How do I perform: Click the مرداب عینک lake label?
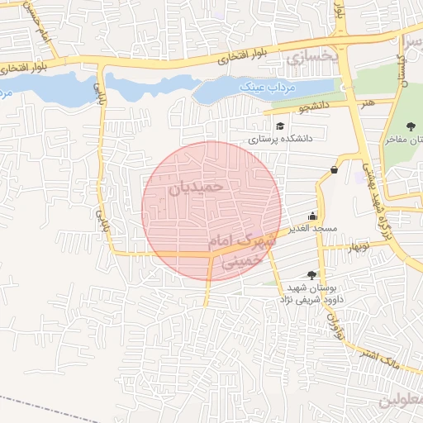pyautogui.click(x=261, y=87)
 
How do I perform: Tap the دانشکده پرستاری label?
pyautogui.click(x=280, y=140)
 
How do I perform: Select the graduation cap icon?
pyautogui.click(x=281, y=126)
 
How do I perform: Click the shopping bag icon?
pyautogui.click(x=334, y=169)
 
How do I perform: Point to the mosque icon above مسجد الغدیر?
pyautogui.click(x=312, y=211)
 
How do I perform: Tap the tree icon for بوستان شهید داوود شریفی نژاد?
pyautogui.click(x=311, y=274)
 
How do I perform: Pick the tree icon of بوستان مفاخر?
pyautogui.click(x=411, y=126)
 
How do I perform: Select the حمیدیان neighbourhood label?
pyautogui.click(x=197, y=188)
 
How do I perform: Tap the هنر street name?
pyautogui.click(x=366, y=103)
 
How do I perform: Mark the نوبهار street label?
pyautogui.click(x=358, y=247)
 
